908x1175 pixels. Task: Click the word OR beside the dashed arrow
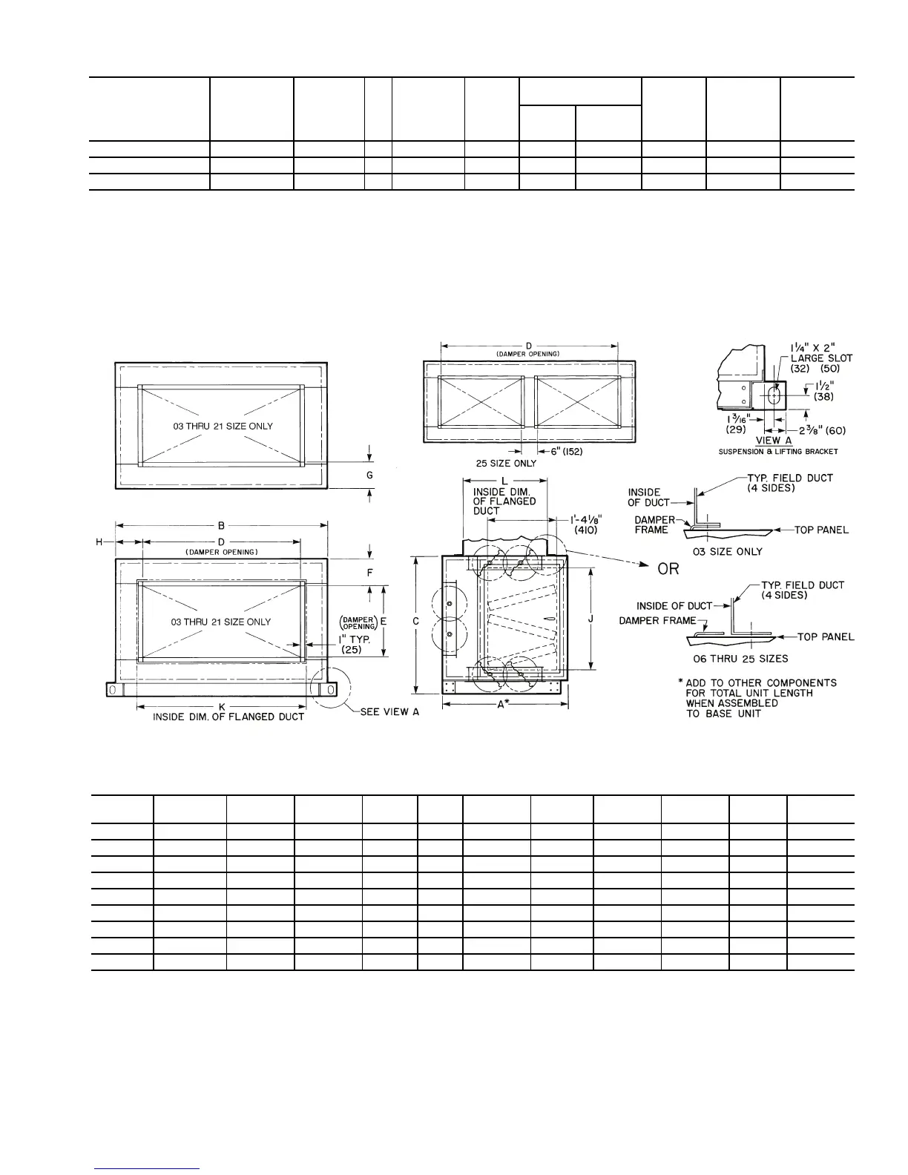(x=668, y=569)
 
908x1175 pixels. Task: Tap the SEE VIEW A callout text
(x=389, y=711)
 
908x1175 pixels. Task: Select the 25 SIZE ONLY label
(x=506, y=464)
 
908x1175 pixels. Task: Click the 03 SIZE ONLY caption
(x=727, y=551)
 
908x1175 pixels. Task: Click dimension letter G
(x=369, y=475)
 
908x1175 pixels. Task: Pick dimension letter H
(x=99, y=542)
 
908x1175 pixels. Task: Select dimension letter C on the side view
(x=417, y=621)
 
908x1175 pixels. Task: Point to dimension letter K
(x=221, y=705)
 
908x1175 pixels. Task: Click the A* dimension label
(x=504, y=705)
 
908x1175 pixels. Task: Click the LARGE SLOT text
(x=821, y=358)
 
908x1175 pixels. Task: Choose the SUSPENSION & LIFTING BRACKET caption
(x=778, y=451)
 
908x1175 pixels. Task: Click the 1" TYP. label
(x=354, y=639)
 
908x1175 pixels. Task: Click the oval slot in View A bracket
(x=774, y=395)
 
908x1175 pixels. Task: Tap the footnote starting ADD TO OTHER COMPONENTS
(x=760, y=698)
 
